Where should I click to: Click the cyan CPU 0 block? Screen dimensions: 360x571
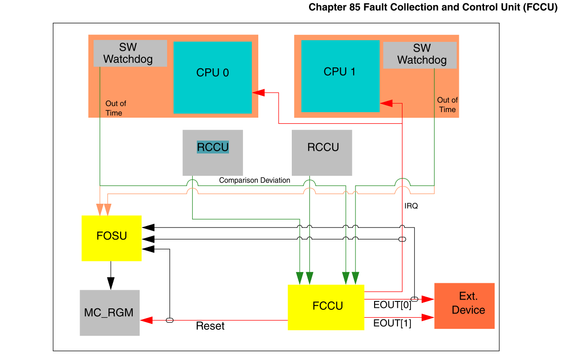pyautogui.click(x=213, y=77)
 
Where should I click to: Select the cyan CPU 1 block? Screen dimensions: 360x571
pyautogui.click(x=340, y=76)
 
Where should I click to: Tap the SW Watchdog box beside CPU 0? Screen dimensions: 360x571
pyautogui.click(x=130, y=53)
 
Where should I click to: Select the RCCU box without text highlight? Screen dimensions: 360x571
pyautogui.click(x=322, y=153)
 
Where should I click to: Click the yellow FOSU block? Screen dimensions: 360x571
pyautogui.click(x=112, y=238)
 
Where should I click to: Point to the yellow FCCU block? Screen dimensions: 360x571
pyautogui.click(x=326, y=307)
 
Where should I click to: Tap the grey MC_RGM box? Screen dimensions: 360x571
pyautogui.click(x=109, y=313)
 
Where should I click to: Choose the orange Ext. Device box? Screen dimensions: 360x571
pyautogui.click(x=464, y=306)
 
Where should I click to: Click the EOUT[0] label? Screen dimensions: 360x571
pyautogui.click(x=392, y=306)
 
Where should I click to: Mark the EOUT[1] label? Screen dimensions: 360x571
pyautogui.click(x=392, y=324)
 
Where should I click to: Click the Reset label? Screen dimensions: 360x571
pyautogui.click(x=210, y=326)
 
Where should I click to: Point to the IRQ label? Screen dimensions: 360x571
pyautogui.click(x=411, y=206)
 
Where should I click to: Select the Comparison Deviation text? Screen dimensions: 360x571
pyautogui.click(x=255, y=180)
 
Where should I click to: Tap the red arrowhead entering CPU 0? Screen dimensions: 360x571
pyautogui.click(x=259, y=93)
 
